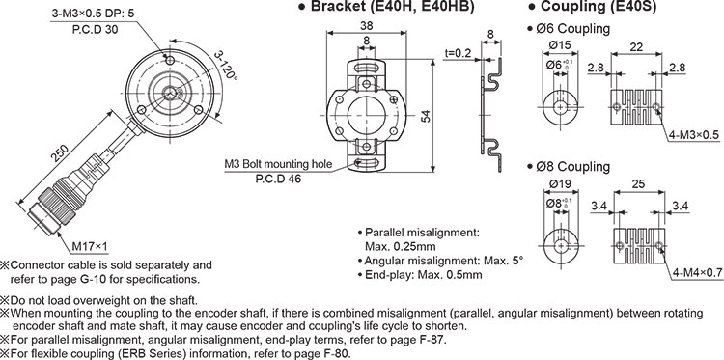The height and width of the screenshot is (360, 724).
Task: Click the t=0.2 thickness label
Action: pyautogui.click(x=458, y=52)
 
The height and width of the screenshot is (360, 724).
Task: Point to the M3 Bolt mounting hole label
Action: pyautogui.click(x=279, y=164)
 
